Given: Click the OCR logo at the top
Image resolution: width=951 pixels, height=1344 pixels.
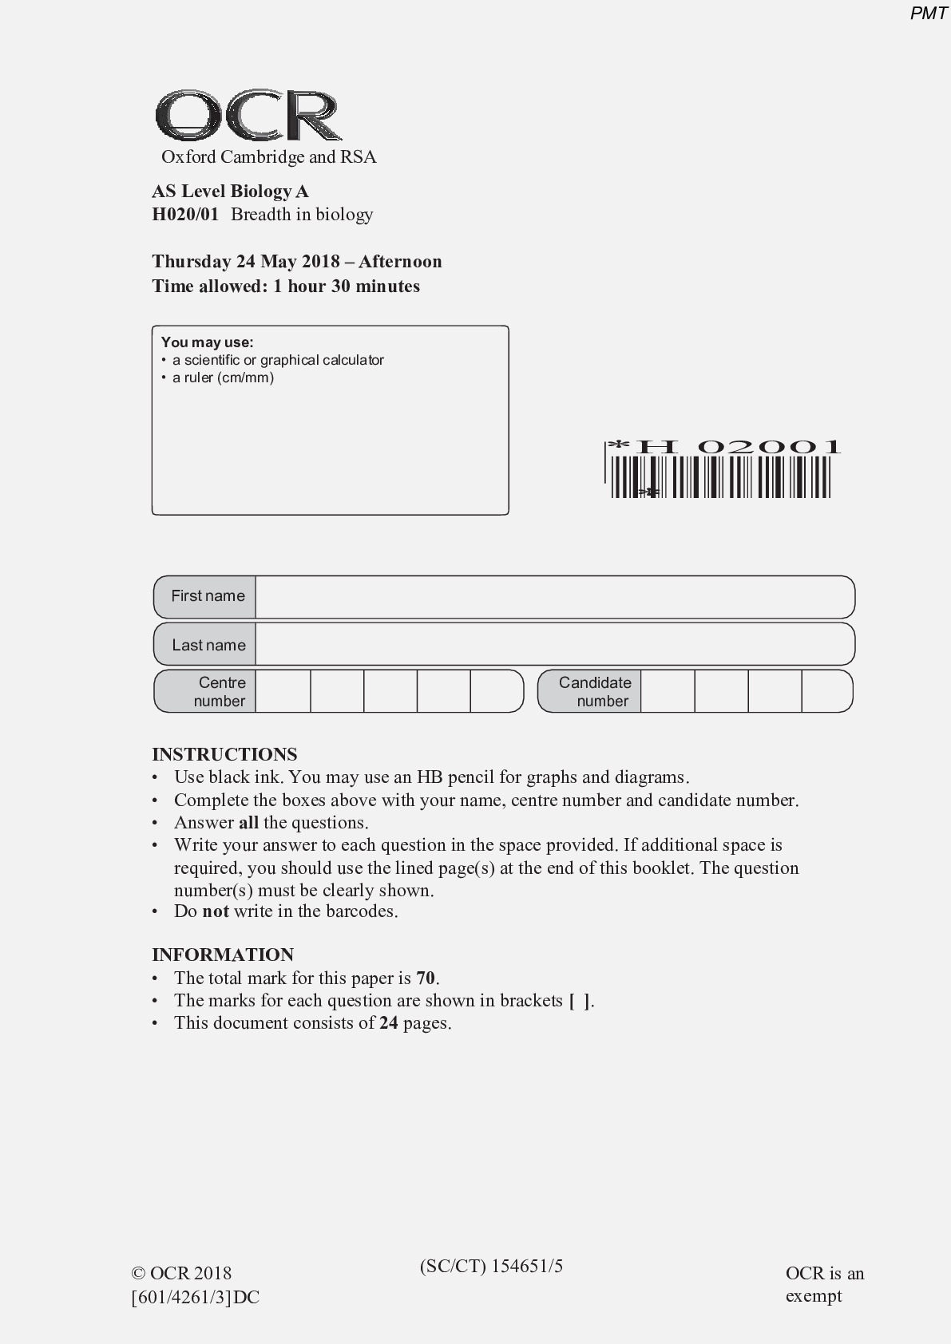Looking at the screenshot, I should click(248, 117).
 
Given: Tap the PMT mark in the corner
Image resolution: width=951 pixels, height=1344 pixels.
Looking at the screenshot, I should click(929, 14).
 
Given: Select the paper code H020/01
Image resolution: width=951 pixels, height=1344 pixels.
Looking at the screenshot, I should click(184, 214).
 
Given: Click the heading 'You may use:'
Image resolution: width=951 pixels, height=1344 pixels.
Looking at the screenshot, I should click(207, 342).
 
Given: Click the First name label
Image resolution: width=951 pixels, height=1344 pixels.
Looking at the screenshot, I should click(208, 596).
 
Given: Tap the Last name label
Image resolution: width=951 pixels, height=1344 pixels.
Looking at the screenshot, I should click(208, 645).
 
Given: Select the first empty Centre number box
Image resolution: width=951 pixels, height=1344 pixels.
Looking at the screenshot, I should click(283, 691).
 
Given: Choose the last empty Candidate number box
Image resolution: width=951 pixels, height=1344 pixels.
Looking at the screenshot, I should click(826, 691).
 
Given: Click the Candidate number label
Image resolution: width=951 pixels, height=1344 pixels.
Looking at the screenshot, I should click(594, 691).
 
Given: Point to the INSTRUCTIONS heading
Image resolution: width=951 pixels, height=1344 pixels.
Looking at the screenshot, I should click(224, 754).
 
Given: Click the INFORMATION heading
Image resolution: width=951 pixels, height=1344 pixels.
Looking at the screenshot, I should click(223, 955).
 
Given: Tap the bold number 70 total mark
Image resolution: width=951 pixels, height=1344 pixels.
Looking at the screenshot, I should click(426, 978).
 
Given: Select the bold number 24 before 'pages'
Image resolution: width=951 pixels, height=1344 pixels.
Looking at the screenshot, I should click(389, 1022).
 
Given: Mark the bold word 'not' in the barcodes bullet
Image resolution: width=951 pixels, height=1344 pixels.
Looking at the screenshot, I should click(216, 911).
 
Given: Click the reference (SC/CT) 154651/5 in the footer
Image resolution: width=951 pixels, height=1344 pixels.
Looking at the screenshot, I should click(491, 1266).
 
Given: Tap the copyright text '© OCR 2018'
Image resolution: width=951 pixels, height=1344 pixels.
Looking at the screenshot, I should click(181, 1274).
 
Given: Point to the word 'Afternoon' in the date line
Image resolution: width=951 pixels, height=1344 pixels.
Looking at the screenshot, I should click(400, 261).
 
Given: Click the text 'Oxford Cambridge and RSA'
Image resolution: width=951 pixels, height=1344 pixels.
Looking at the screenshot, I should click(268, 156).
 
